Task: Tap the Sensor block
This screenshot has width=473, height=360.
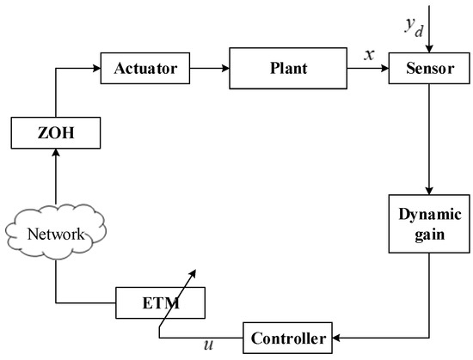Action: pos(421,68)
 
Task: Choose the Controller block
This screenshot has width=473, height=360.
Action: pos(289,339)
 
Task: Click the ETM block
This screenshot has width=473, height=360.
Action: pos(161,302)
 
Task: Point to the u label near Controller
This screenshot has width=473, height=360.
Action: pos(207,345)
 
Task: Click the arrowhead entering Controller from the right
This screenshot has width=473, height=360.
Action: pos(338,339)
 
